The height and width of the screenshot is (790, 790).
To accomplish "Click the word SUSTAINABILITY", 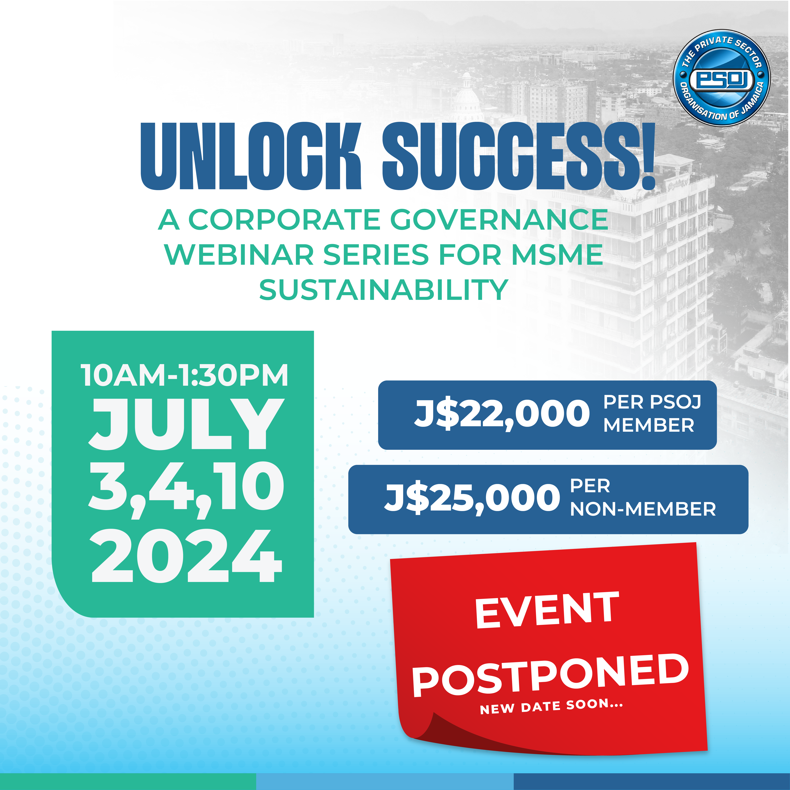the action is (384, 290).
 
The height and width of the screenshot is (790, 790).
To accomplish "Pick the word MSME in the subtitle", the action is (557, 255).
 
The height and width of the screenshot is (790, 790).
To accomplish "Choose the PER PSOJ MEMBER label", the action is (652, 414).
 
